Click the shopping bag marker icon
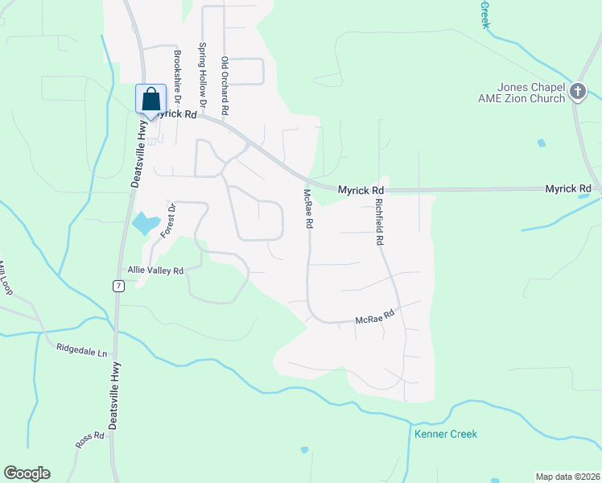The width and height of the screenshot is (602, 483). pos(150,100)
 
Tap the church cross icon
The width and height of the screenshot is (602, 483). pos(577,92)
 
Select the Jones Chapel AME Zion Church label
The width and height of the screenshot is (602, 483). pos(531,93)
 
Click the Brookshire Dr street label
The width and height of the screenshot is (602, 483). pos(178,76)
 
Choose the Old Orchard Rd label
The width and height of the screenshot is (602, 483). pos(225,85)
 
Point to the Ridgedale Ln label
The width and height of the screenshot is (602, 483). pos(81,351)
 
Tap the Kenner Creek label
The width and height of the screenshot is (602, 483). pos(446,434)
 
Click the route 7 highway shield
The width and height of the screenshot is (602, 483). pos(118,286)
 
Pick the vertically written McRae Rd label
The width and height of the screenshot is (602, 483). pos(307,208)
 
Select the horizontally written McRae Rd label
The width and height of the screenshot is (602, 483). pos(375,319)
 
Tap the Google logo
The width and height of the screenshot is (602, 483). pos(27,473)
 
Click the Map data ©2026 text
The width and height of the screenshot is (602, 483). pos(567,477)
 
